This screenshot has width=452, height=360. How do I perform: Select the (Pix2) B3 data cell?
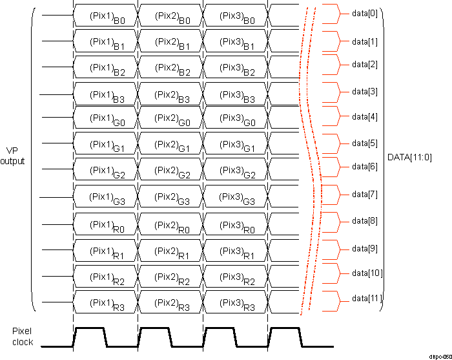click(x=170, y=95)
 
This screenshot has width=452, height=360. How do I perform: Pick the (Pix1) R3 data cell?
click(x=105, y=302)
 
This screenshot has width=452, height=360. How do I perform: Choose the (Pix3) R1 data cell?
click(x=236, y=251)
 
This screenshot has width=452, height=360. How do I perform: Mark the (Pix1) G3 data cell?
click(x=105, y=197)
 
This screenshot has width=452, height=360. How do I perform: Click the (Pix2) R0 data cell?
click(x=170, y=224)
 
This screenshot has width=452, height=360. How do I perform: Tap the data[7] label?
click(x=365, y=195)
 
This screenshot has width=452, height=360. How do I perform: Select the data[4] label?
click(x=365, y=117)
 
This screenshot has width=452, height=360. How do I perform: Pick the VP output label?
click(x=12, y=156)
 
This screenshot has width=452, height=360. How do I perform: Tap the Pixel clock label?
click(x=21, y=335)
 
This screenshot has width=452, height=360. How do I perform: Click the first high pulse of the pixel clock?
click(x=90, y=329)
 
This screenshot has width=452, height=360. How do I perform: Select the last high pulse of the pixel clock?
click(x=284, y=329)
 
